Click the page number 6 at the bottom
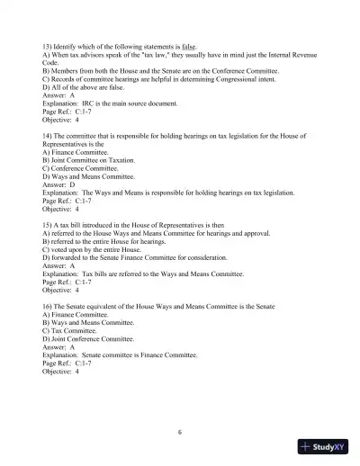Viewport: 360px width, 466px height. (180, 432)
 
